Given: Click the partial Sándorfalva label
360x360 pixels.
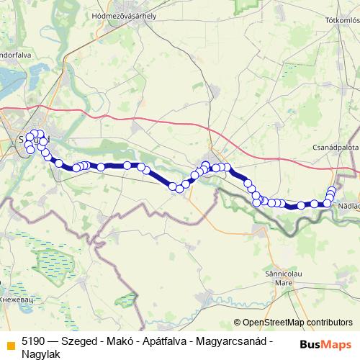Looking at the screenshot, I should [16, 53].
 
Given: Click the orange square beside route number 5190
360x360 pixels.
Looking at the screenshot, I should [9, 341].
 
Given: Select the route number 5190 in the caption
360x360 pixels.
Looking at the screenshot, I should [35, 341].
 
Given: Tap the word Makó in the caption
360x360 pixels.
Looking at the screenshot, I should [122, 341].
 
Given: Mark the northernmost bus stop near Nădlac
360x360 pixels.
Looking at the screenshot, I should [332, 190].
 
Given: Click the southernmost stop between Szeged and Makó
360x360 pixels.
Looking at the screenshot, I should [173, 188].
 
